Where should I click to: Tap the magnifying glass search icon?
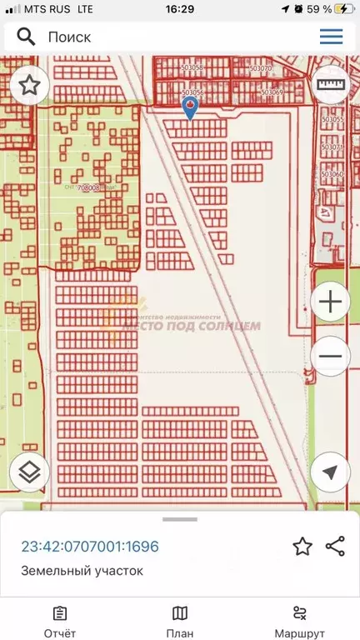point(26,37)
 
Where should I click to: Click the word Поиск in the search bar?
point(69,37)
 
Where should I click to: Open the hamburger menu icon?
point(331,37)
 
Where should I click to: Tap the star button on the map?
point(30,85)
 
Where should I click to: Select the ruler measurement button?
point(331,85)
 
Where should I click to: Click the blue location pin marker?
point(190,107)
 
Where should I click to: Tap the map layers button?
point(30,472)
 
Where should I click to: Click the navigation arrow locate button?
point(330,472)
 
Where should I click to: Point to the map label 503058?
point(192,67)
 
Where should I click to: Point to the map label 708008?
point(88,187)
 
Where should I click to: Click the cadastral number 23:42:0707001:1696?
point(89,547)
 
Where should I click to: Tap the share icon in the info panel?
point(335,547)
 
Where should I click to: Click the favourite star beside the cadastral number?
point(302,547)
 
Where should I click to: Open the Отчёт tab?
point(60,621)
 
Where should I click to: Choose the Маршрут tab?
point(301,621)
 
